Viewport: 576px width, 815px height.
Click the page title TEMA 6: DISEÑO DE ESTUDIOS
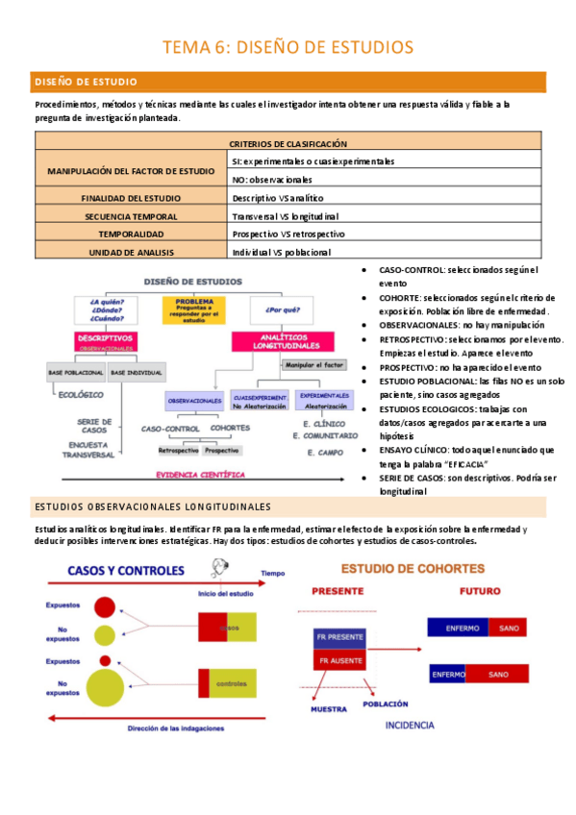(288, 46)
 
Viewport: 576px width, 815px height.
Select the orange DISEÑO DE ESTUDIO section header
(86, 82)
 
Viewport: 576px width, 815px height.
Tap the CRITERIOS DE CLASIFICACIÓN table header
(288, 143)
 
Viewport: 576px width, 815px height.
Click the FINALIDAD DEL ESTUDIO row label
(131, 198)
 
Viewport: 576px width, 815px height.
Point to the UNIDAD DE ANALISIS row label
(131, 252)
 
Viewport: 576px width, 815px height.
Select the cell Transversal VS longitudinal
(286, 216)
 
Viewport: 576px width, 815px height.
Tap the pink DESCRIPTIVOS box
(107, 340)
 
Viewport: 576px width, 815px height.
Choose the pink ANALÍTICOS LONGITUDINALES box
(275, 340)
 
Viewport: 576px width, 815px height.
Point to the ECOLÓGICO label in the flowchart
(81, 393)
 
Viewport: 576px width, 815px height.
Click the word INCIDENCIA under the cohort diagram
(409, 725)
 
